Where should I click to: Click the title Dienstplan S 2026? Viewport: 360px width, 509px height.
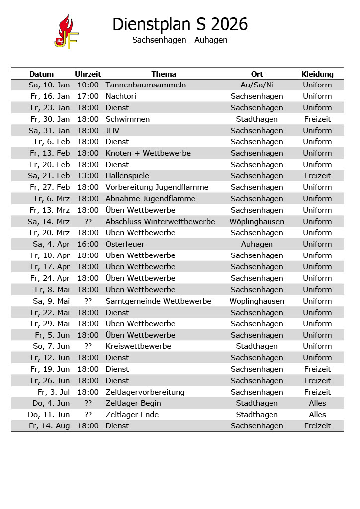[180, 24]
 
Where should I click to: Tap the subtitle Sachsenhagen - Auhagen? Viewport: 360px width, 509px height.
[180, 40]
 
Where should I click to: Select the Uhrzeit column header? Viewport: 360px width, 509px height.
[88, 74]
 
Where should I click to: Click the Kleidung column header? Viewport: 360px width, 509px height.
[317, 74]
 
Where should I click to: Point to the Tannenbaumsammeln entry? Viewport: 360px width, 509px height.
[146, 85]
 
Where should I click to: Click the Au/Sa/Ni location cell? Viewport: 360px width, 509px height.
[257, 85]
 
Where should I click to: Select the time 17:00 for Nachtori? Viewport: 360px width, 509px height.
[88, 96]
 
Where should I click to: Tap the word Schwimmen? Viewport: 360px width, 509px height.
[127, 119]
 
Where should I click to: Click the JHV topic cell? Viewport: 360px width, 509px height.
[112, 131]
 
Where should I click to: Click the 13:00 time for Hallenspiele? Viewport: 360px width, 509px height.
[88, 176]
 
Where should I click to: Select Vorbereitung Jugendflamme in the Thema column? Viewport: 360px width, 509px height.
[157, 187]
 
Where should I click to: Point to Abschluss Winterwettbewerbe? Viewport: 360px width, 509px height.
[160, 222]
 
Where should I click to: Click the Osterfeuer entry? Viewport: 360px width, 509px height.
[125, 244]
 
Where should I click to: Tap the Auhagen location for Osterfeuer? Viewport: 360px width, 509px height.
[257, 244]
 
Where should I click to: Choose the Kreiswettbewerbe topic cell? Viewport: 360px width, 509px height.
[138, 346]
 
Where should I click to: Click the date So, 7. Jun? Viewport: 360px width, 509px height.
[51, 346]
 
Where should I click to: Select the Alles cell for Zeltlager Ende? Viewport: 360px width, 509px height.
[317, 415]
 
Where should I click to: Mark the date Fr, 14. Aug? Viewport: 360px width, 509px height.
[49, 426]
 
